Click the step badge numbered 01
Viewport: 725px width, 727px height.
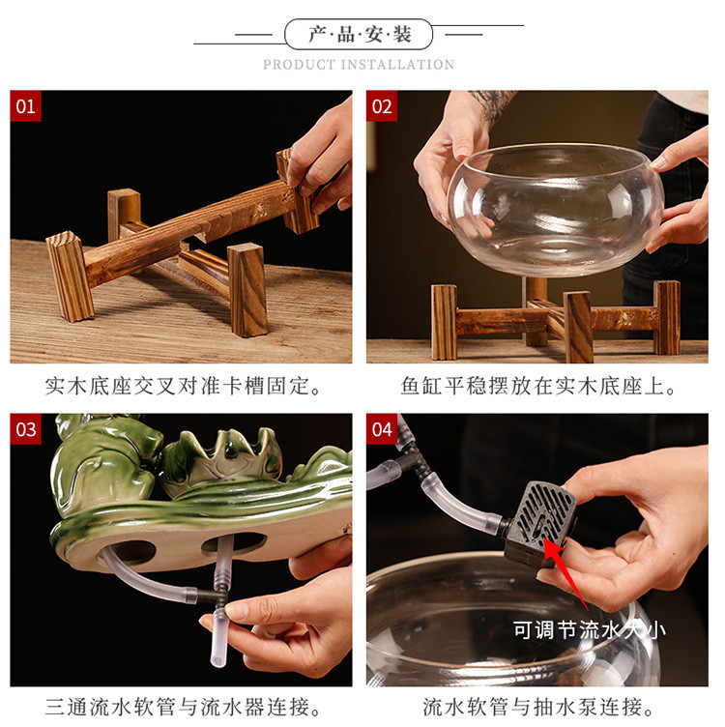(26, 106)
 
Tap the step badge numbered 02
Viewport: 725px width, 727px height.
(382, 106)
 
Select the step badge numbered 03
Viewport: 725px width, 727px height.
(26, 429)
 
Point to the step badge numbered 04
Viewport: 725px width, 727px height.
(382, 429)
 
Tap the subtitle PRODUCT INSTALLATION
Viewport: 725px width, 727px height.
(359, 65)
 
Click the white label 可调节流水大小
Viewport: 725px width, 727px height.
(589, 630)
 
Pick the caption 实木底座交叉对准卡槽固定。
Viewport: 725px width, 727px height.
(182, 387)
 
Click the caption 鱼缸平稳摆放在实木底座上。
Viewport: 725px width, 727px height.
(537, 387)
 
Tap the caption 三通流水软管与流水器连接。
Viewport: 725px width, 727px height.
(182, 708)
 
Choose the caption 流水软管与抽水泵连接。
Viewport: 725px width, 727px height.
(537, 708)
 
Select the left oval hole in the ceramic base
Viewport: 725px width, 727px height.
(128, 552)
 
